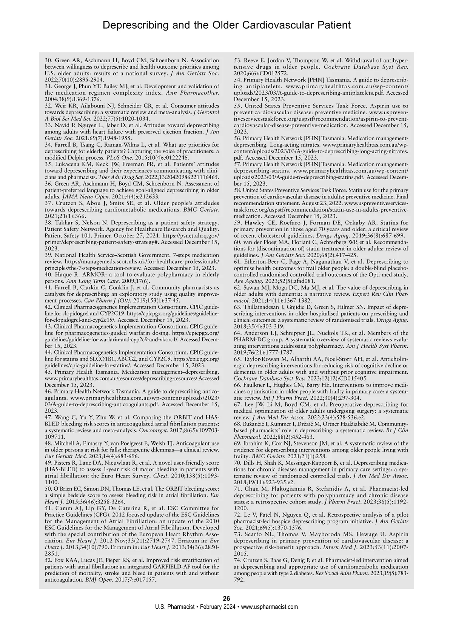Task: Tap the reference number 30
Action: click(48, 60)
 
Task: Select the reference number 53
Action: click(238, 60)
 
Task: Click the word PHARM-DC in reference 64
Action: click(250, 339)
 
